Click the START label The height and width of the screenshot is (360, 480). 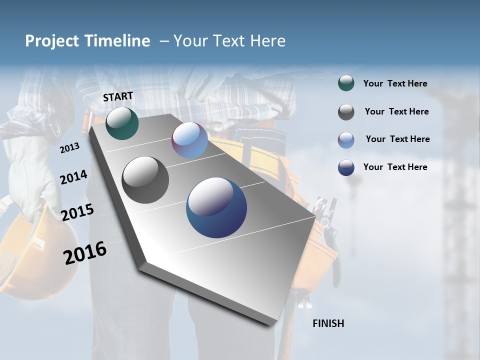tap(118, 96)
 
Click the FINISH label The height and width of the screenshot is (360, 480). tap(328, 323)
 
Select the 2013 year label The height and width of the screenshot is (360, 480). tap(69, 147)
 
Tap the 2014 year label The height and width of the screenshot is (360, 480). tap(73, 177)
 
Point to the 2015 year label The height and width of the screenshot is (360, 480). tap(77, 212)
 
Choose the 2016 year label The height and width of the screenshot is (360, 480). tap(85, 252)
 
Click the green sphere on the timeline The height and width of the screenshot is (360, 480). tap(122, 123)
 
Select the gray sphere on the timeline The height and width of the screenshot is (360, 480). tap(145, 179)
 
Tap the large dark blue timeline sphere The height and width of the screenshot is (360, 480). tap(216, 207)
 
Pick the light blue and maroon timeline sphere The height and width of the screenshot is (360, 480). tap(189, 140)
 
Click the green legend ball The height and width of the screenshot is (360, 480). tap(346, 83)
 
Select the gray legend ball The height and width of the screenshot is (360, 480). tap(346, 112)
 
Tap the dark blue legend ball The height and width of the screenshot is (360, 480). tap(346, 167)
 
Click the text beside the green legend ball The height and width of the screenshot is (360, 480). tap(395, 84)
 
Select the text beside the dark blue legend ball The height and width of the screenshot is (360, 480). tap(395, 167)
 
